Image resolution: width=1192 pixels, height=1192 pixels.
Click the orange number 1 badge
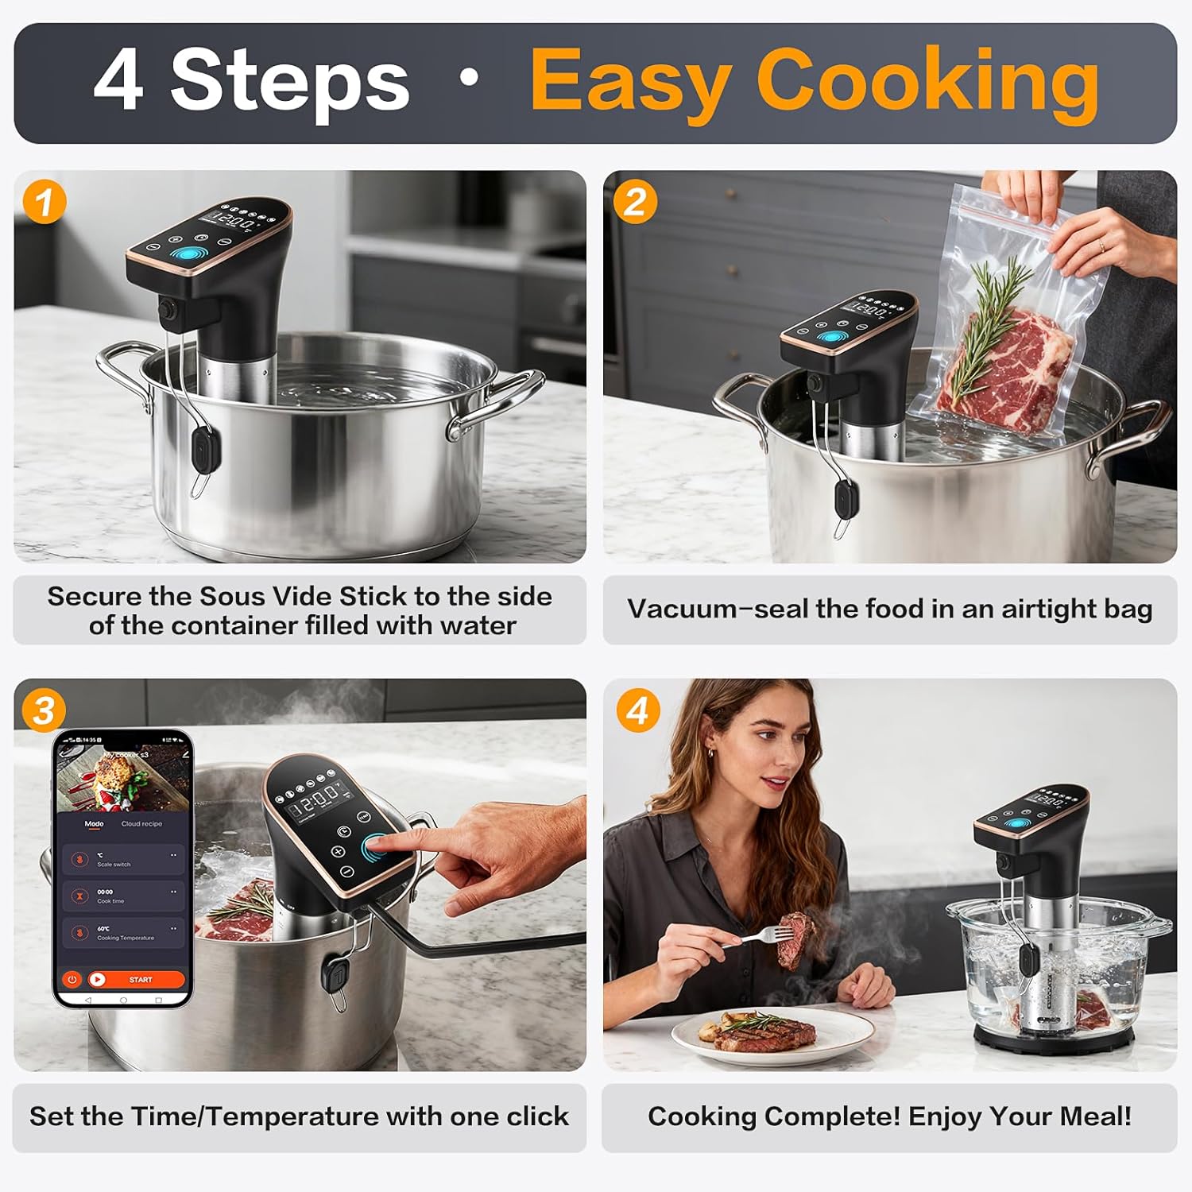45,202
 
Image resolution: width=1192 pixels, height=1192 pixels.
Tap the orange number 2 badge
634,202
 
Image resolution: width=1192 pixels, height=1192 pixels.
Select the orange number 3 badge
44,710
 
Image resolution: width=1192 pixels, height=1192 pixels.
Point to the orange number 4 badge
638,710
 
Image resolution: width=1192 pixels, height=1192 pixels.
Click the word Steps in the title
289,81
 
